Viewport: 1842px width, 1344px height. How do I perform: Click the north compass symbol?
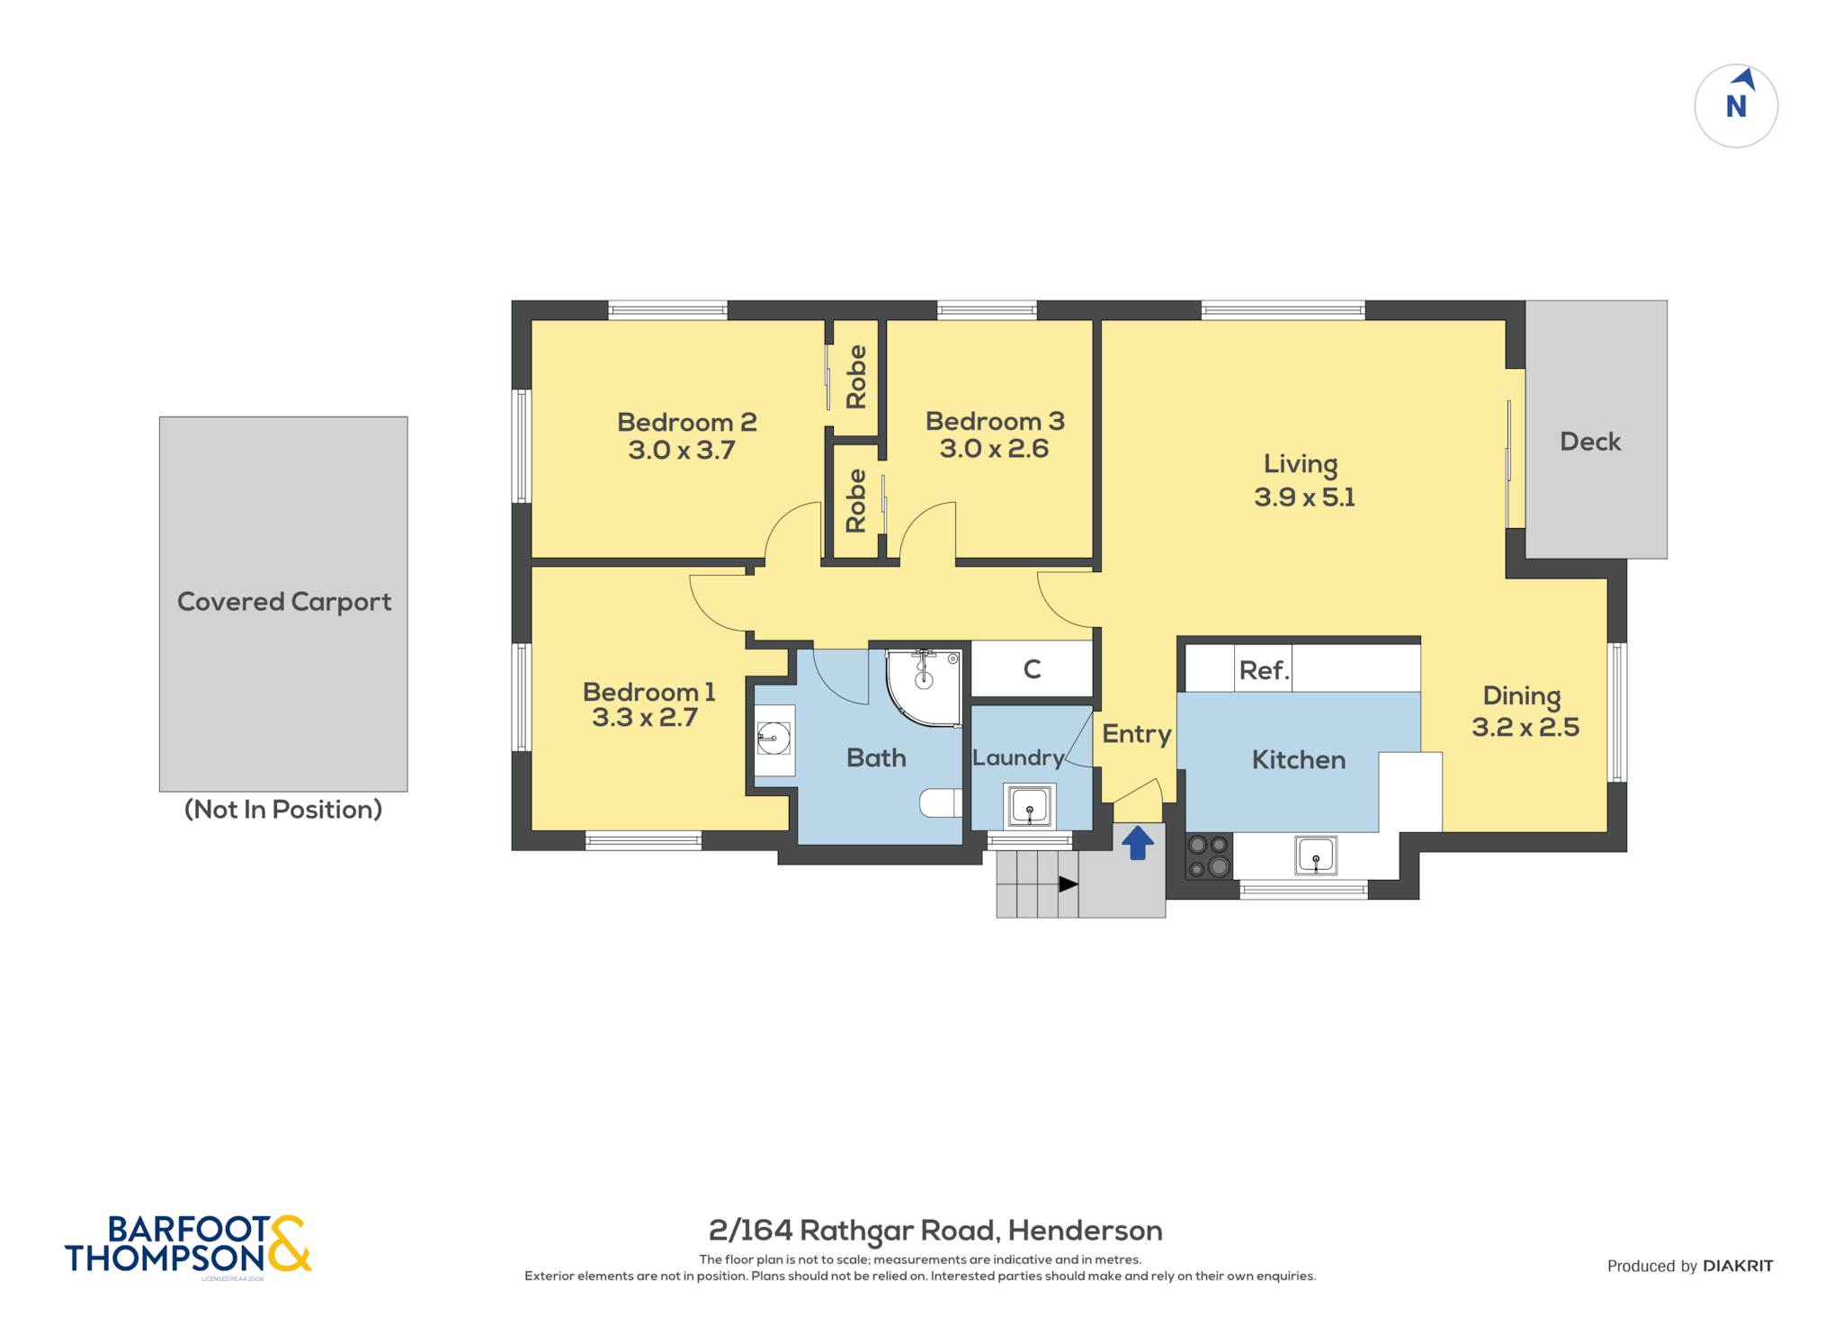click(x=1736, y=106)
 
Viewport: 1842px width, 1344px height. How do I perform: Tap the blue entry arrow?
click(x=1138, y=843)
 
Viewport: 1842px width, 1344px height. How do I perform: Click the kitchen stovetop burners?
click(x=1209, y=856)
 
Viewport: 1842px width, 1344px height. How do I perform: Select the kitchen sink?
click(x=1316, y=855)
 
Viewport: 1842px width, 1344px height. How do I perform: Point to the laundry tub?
click(x=1029, y=805)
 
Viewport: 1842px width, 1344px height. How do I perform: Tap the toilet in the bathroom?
click(x=941, y=802)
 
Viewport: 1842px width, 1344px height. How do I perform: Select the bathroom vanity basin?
click(x=773, y=739)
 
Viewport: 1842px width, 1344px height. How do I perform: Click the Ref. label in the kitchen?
click(x=1264, y=670)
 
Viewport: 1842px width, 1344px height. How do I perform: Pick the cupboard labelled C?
click(x=1033, y=668)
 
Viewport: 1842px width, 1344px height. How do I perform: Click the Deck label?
click(x=1590, y=442)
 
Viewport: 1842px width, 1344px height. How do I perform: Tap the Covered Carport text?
click(x=284, y=602)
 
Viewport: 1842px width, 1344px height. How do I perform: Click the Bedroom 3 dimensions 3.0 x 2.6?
click(x=994, y=449)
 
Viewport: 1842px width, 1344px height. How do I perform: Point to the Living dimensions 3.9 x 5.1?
click(x=1304, y=497)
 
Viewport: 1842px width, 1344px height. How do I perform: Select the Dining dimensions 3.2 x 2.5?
click(x=1525, y=727)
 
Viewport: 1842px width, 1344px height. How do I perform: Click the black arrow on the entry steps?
click(x=1068, y=884)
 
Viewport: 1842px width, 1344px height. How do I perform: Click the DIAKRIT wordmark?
click(x=1738, y=1266)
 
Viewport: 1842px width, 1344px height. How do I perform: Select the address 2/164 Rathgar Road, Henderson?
click(x=935, y=1231)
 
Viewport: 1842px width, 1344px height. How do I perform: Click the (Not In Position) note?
click(x=283, y=810)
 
